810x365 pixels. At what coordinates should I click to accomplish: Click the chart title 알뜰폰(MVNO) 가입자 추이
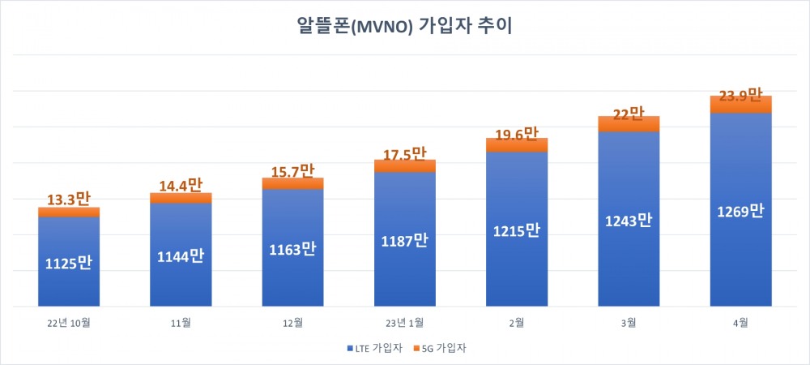coord(404,26)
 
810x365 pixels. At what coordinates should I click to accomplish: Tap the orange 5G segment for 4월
coord(740,105)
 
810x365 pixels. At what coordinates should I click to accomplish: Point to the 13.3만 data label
coord(69,199)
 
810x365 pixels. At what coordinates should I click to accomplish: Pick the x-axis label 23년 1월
coord(404,322)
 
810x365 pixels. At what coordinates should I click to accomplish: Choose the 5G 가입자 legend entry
coord(442,348)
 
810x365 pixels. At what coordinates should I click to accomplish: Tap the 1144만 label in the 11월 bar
coord(181,256)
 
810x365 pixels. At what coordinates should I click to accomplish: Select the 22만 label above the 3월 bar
coord(629,115)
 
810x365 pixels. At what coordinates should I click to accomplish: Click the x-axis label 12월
coord(292,322)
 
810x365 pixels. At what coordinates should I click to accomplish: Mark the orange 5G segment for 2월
coord(517,145)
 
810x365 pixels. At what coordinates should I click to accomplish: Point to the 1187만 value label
coord(404,240)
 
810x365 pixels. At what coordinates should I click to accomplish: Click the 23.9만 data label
coord(740,94)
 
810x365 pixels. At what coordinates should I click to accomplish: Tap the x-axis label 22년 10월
coord(69,322)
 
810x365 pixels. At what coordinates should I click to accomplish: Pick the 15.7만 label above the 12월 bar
coord(292,171)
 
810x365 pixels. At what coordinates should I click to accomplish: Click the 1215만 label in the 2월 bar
coord(517,230)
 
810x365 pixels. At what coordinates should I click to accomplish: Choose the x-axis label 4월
coord(740,322)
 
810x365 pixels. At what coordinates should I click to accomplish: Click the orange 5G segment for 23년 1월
coord(404,166)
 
